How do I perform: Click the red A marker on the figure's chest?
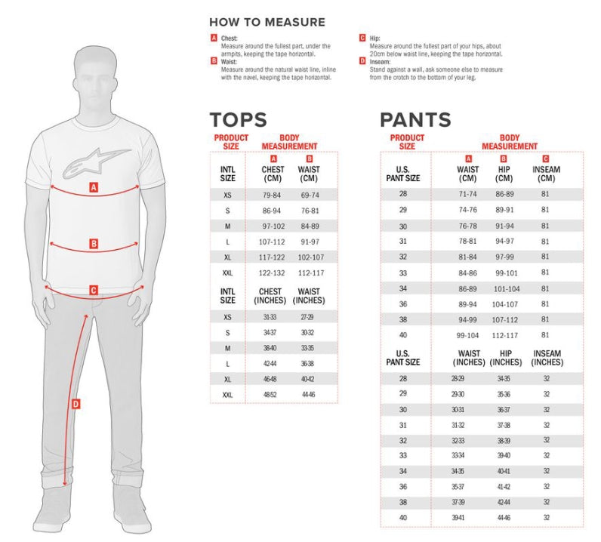coord(94,187)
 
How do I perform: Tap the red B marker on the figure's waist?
coord(94,244)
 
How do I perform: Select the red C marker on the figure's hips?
coord(94,290)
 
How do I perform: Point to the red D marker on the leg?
coord(76,404)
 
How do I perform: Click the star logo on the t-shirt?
coord(96,163)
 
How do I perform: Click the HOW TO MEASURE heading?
coord(267,22)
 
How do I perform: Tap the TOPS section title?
coord(238,119)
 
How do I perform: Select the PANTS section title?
coord(415,119)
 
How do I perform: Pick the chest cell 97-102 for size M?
coord(273,226)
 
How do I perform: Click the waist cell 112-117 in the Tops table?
coord(311,273)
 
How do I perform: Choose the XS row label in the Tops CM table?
coord(227,195)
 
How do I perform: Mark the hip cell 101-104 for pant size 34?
coord(507,288)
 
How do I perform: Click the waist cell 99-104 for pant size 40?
coord(467,335)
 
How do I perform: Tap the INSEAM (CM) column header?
coord(546,174)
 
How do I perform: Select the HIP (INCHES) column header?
coord(506,358)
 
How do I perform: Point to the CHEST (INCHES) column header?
coord(270,296)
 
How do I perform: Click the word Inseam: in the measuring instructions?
coord(380,62)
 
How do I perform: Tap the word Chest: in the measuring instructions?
coord(230,38)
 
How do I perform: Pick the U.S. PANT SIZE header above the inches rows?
coord(403,358)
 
